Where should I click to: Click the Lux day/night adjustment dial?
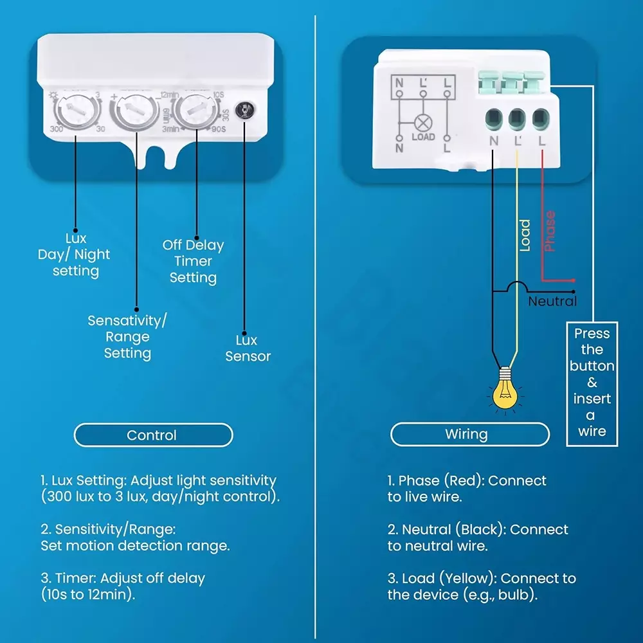coord(75,111)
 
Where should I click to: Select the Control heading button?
coord(152,435)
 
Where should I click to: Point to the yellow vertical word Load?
coord(525,235)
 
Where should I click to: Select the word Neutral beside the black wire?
coord(552,301)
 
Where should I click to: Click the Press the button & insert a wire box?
coord(592,383)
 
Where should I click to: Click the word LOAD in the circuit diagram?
coord(423,137)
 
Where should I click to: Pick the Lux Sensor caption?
coord(248,349)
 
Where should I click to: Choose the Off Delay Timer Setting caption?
coord(193,262)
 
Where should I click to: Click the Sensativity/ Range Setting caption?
coord(127,336)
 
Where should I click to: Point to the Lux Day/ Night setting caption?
coord(75,255)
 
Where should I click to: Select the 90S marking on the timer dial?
coord(219,129)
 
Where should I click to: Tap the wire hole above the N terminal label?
coord(494,118)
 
